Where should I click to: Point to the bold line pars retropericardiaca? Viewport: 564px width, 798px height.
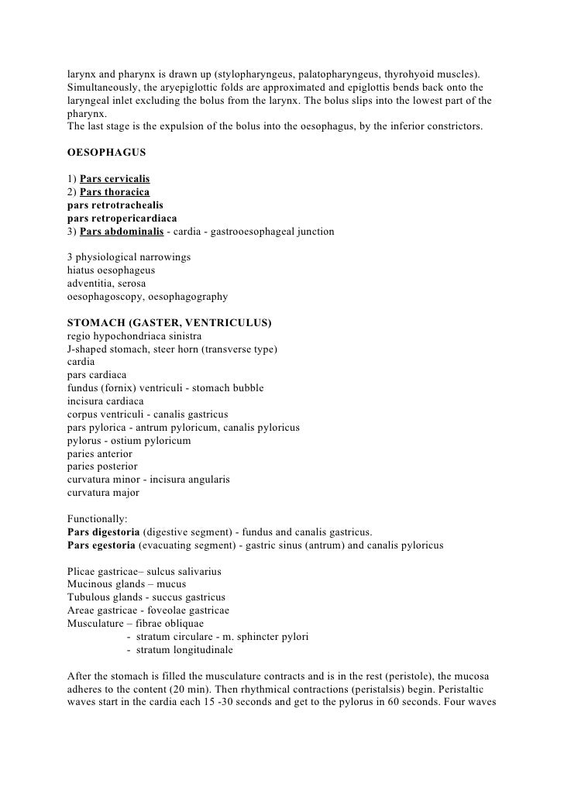(x=122, y=218)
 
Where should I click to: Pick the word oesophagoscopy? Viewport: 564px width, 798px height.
(x=105, y=296)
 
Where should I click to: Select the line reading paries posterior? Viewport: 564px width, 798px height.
(x=102, y=466)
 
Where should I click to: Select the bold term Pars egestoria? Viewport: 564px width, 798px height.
(x=101, y=545)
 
